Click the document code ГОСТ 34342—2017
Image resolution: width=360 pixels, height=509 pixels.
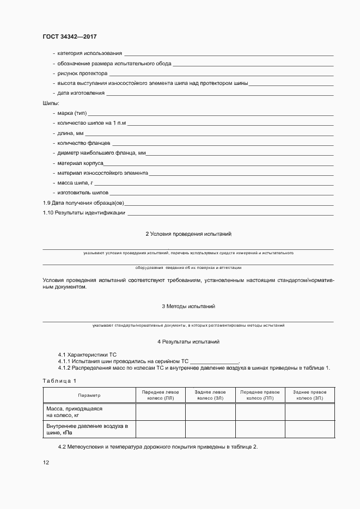[x=70, y=37]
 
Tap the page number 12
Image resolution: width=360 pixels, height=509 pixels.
[x=46, y=463]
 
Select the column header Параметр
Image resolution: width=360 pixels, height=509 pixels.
[x=89, y=395]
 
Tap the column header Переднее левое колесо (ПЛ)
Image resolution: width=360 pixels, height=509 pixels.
[x=160, y=395]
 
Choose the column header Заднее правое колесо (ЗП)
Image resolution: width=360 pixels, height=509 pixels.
[x=309, y=395]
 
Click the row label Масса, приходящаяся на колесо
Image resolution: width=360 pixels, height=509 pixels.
[x=74, y=412]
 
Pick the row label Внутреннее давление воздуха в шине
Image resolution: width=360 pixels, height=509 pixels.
[x=87, y=429]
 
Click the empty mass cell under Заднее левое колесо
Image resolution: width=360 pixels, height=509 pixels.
[x=210, y=412]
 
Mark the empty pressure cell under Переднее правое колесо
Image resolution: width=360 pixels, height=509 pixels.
[x=260, y=429]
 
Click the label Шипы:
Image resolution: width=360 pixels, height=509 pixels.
[x=51, y=103]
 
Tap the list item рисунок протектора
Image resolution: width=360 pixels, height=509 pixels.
[x=82, y=73]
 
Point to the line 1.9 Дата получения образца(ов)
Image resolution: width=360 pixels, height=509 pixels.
[x=84, y=203]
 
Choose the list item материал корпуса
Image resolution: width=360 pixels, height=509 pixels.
[x=80, y=163]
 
